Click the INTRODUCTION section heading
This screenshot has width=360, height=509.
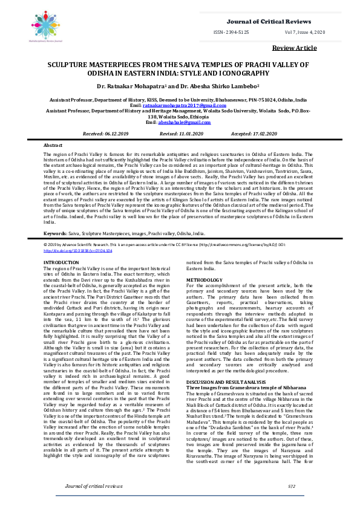61,262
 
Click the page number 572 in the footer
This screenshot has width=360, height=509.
291,486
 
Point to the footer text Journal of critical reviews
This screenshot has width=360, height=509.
89,486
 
